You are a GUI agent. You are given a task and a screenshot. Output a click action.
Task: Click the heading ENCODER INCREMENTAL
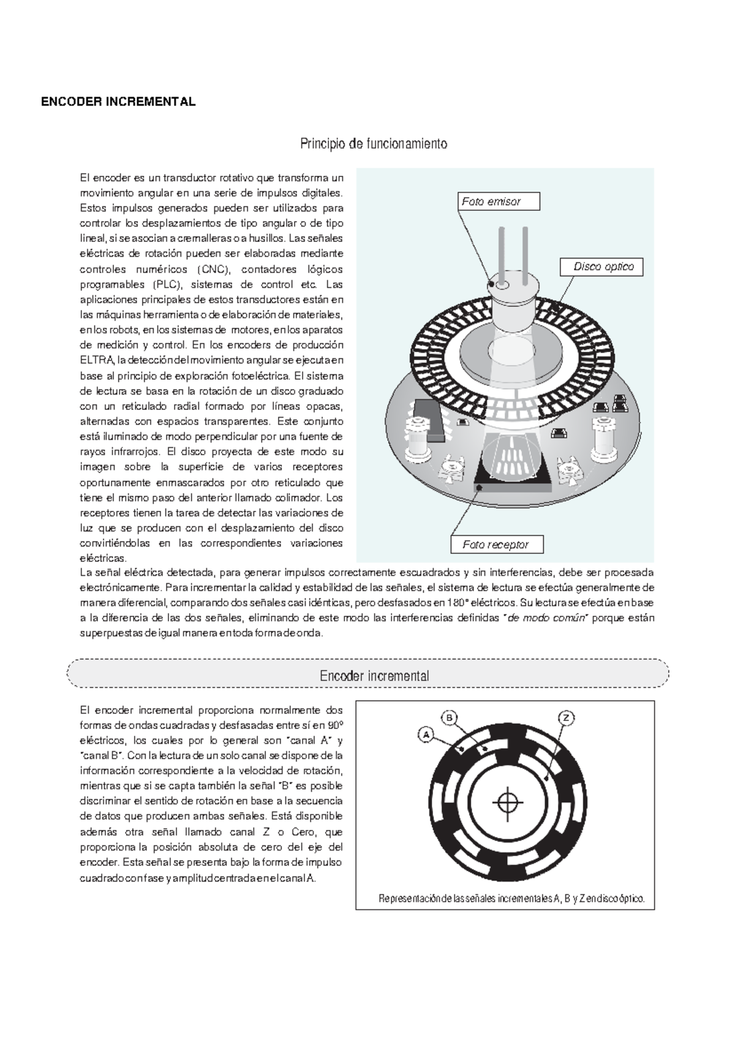click(118, 102)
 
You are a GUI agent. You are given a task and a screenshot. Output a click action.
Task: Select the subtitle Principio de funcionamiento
click(373, 144)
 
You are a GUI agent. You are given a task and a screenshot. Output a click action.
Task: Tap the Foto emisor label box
click(499, 202)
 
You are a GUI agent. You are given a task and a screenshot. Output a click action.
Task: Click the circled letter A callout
click(426, 734)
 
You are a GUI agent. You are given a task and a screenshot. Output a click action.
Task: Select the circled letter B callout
click(449, 717)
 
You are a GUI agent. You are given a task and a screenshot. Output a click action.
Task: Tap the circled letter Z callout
click(566, 717)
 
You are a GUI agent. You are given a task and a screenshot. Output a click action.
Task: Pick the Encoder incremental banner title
click(374, 676)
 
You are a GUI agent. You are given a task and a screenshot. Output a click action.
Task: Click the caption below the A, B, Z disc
click(511, 899)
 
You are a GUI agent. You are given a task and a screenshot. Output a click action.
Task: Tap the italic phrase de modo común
click(547, 618)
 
